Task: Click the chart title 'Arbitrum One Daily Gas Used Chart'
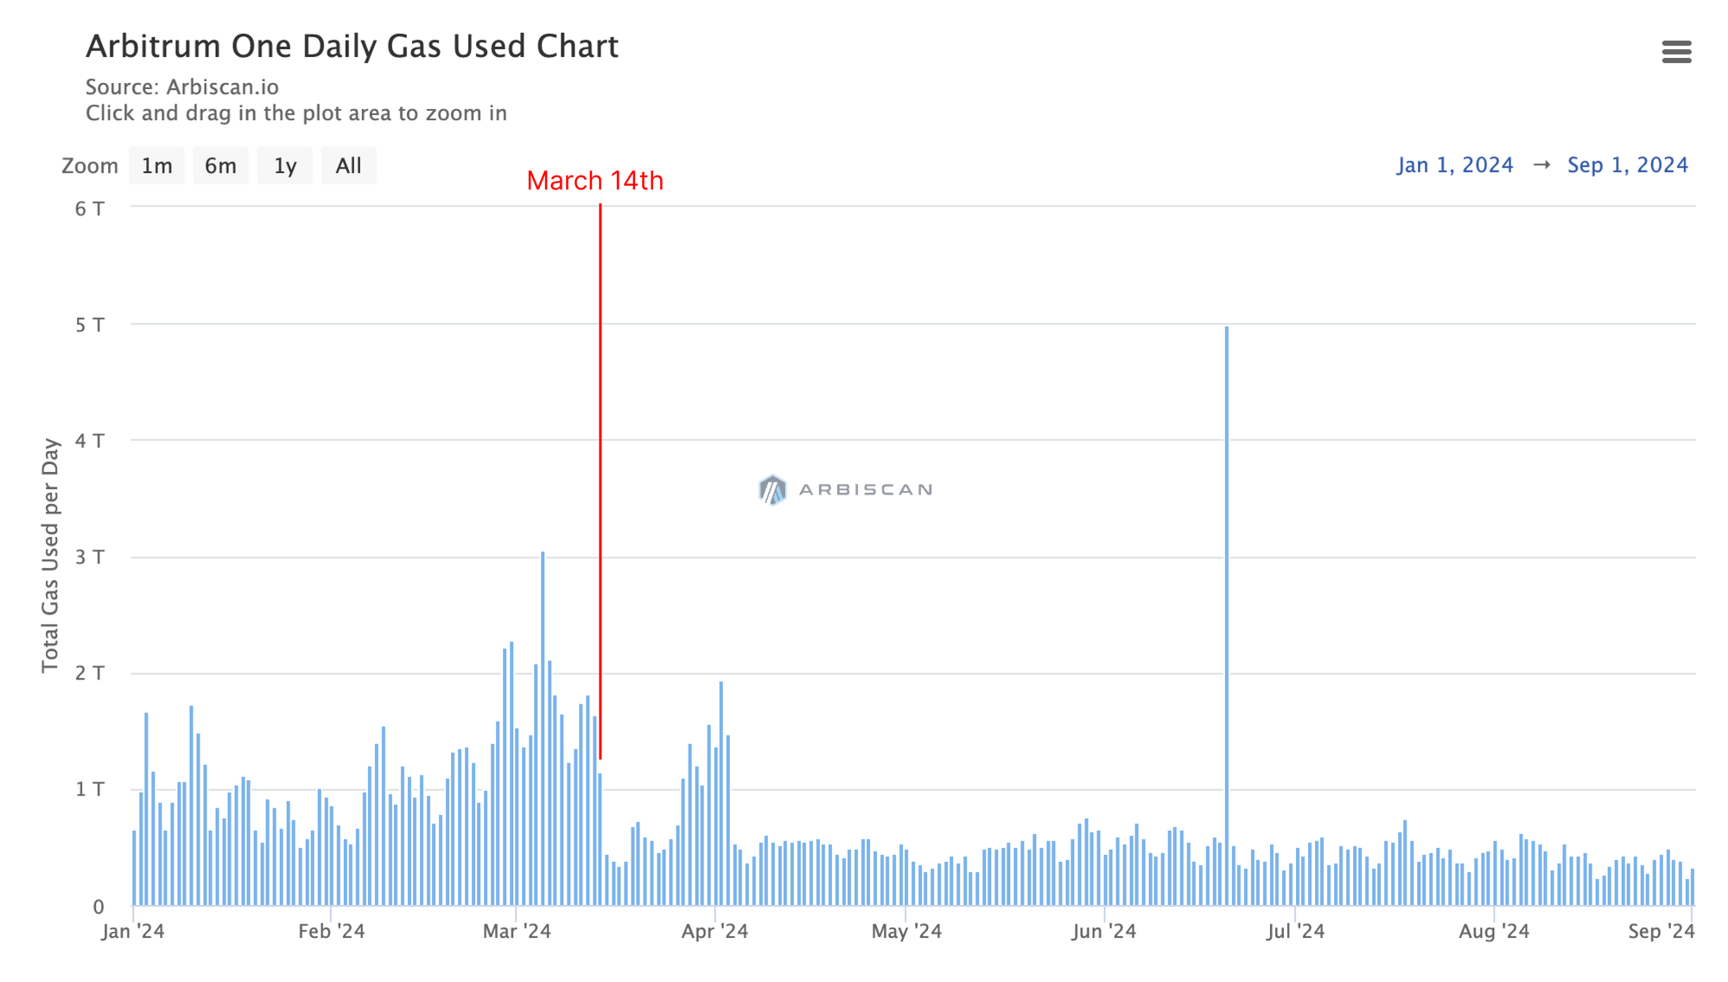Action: coord(352,47)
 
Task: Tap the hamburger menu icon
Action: coord(1676,52)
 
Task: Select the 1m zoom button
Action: coord(156,165)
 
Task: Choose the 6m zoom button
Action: coord(220,165)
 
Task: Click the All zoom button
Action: coord(348,165)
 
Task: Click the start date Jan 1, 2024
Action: coord(1455,165)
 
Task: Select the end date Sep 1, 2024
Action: coord(1628,165)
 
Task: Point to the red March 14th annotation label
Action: coord(594,181)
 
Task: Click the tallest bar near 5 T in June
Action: coord(1226,605)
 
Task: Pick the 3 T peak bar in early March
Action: coord(543,726)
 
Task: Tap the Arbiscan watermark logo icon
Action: coord(772,489)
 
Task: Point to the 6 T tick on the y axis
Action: coord(90,208)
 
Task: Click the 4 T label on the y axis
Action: coord(90,441)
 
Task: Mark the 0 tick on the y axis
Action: coord(98,907)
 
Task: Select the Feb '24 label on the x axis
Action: coord(331,931)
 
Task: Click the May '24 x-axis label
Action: coord(906,931)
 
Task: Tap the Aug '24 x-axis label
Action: coord(1494,931)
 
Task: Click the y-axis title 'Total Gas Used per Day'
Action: coord(51,555)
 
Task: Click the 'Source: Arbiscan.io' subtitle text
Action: coord(181,87)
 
